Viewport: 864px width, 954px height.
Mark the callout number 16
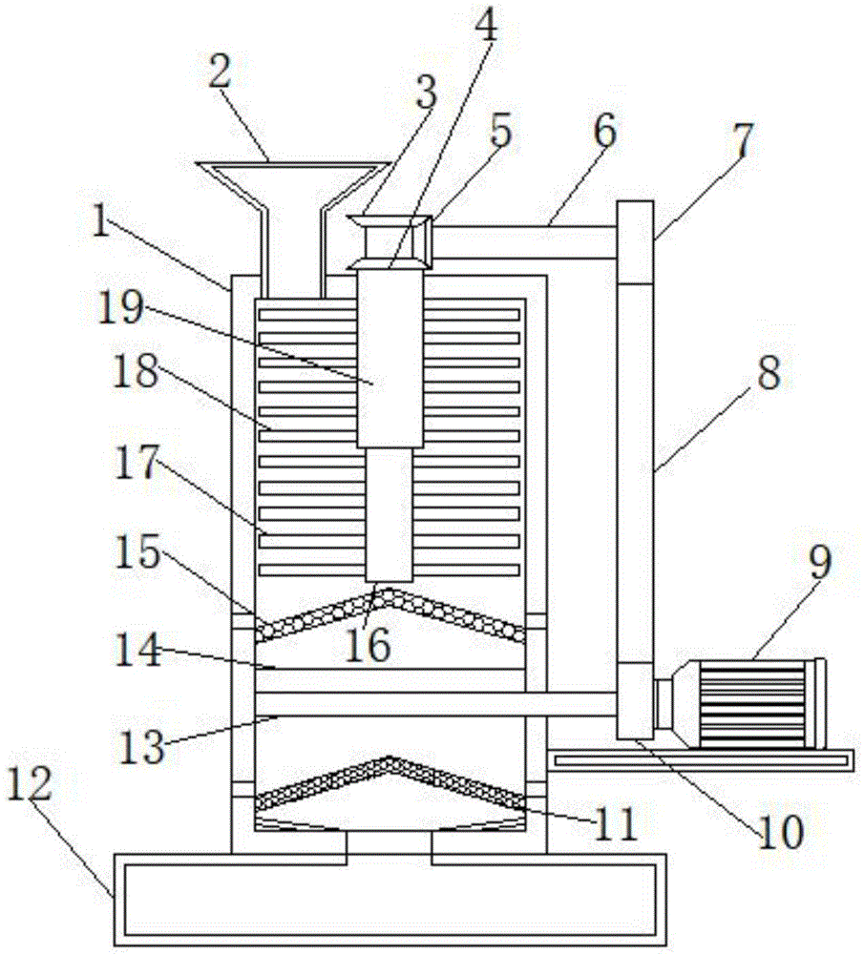pos(369,646)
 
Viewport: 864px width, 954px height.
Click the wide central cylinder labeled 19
pos(390,363)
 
